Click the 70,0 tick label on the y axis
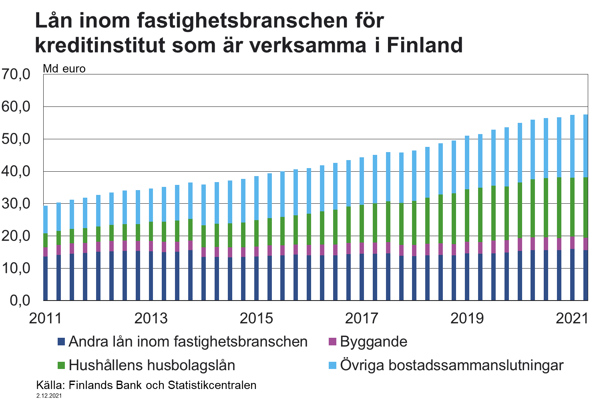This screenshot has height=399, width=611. (16, 74)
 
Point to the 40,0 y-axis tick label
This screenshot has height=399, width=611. (16, 171)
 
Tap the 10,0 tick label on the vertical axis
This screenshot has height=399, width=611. (16, 268)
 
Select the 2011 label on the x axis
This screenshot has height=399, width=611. (45, 318)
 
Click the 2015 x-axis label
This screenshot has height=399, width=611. (256, 318)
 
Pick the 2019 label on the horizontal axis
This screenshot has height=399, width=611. (467, 318)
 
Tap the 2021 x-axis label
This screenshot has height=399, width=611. (572, 318)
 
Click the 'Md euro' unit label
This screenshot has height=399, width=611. (64, 69)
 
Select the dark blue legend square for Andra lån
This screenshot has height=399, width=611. (61, 342)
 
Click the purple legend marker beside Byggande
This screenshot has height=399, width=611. (332, 342)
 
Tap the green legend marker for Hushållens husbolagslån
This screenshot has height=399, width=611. (61, 365)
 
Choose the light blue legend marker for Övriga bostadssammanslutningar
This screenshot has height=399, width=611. (332, 365)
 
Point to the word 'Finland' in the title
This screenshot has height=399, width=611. (425, 45)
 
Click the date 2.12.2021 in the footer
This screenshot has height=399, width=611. (49, 396)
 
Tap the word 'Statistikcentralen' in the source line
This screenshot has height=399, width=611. (212, 385)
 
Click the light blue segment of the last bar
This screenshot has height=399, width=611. (585, 146)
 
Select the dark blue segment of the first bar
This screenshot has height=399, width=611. (46, 278)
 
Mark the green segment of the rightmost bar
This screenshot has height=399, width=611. (585, 207)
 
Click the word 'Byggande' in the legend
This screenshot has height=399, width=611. (374, 342)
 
